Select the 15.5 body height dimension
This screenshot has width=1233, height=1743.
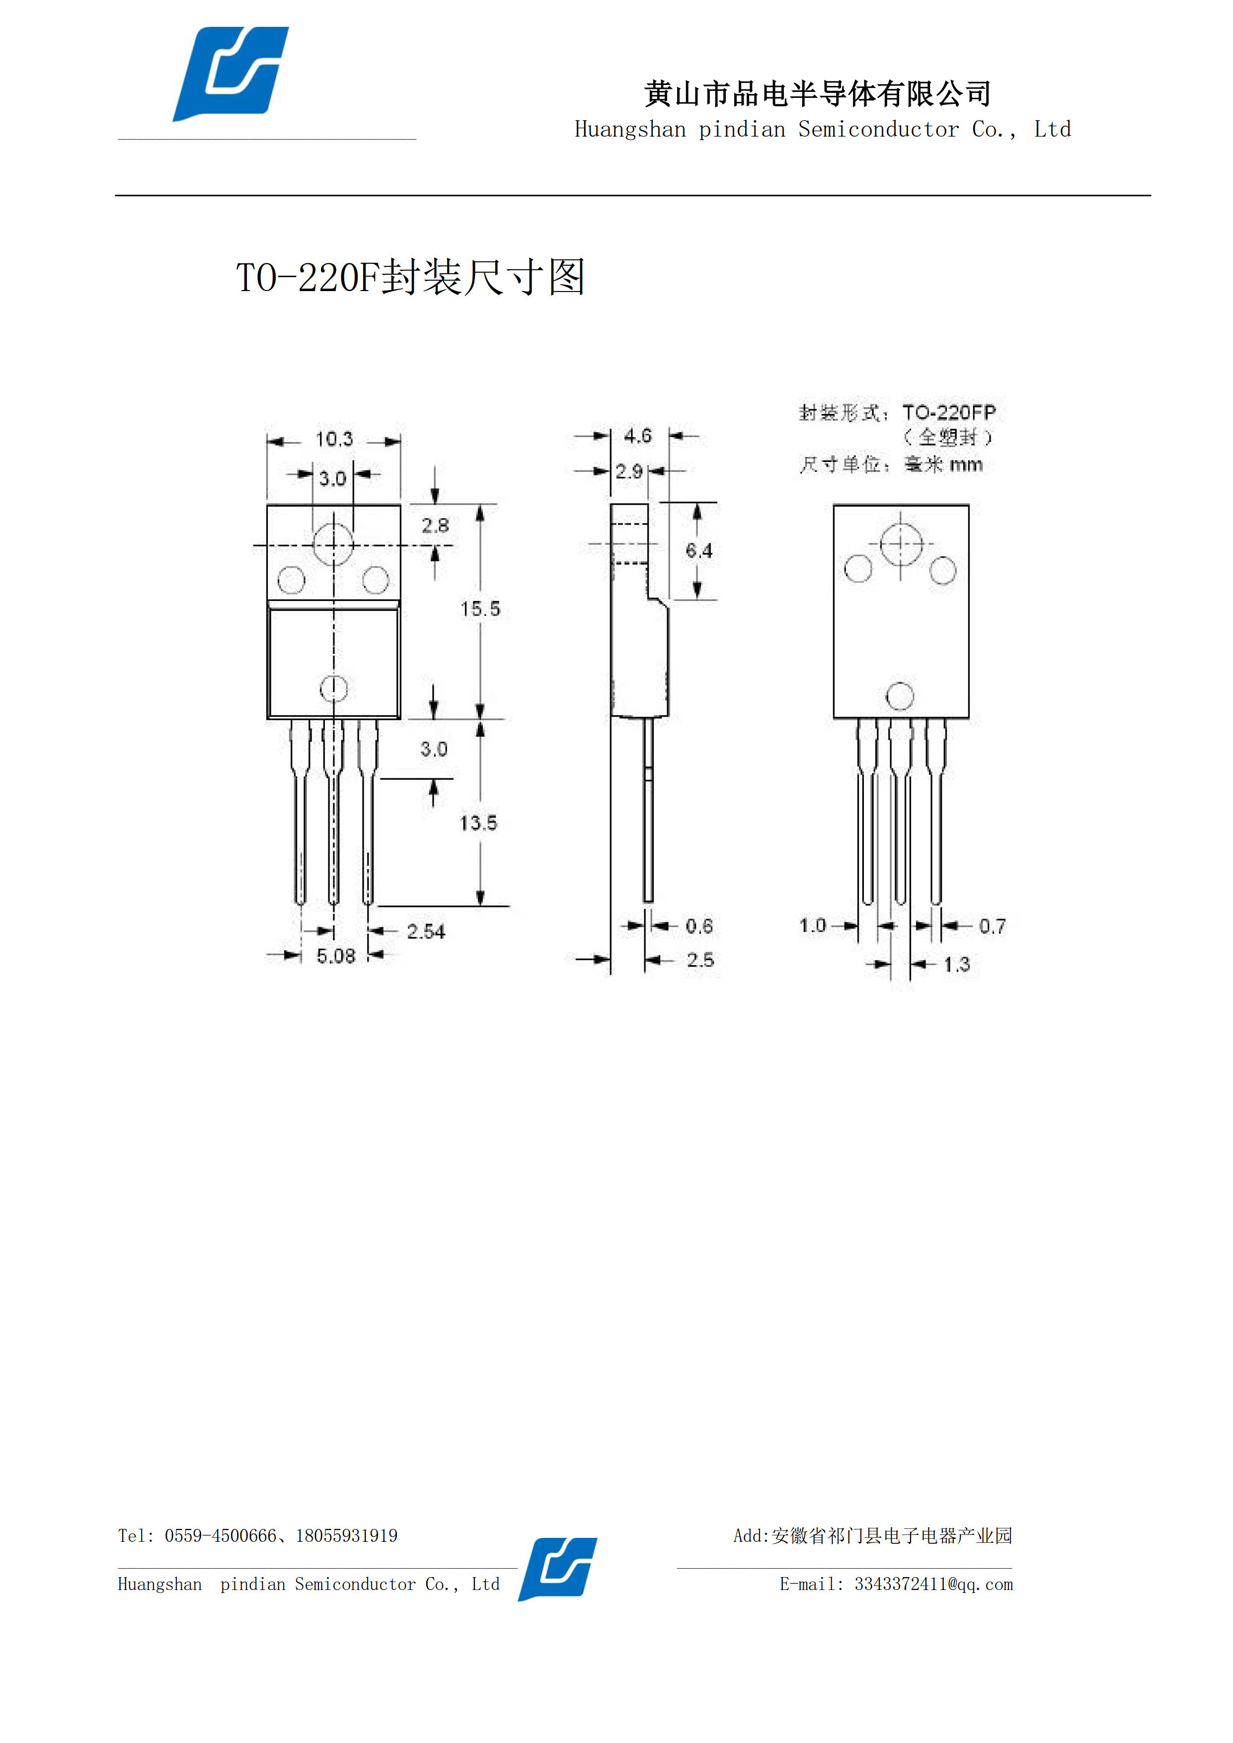coord(480,609)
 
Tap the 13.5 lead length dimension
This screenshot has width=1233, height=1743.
coord(478,823)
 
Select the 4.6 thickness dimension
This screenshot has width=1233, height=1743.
coord(638,436)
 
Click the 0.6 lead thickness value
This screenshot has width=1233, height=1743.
coord(699,926)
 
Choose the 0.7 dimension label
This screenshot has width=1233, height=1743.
coord(993,926)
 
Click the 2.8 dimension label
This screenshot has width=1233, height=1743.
coord(435,526)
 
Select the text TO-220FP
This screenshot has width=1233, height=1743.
coord(949,413)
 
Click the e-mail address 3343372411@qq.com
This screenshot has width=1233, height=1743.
coord(934,1585)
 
